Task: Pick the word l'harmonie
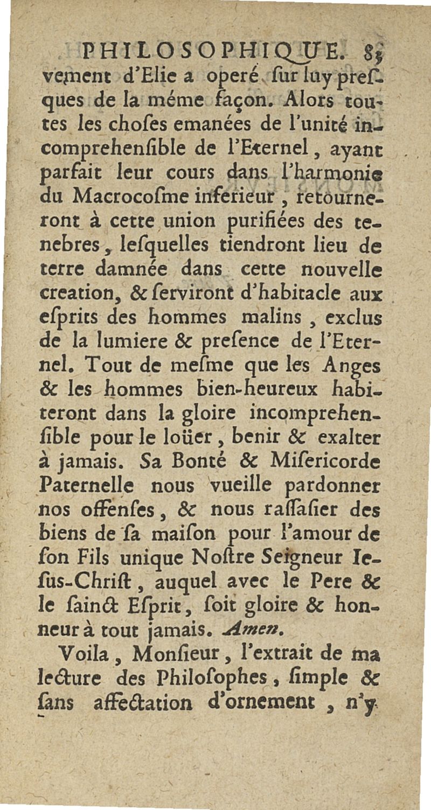tap(334, 173)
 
